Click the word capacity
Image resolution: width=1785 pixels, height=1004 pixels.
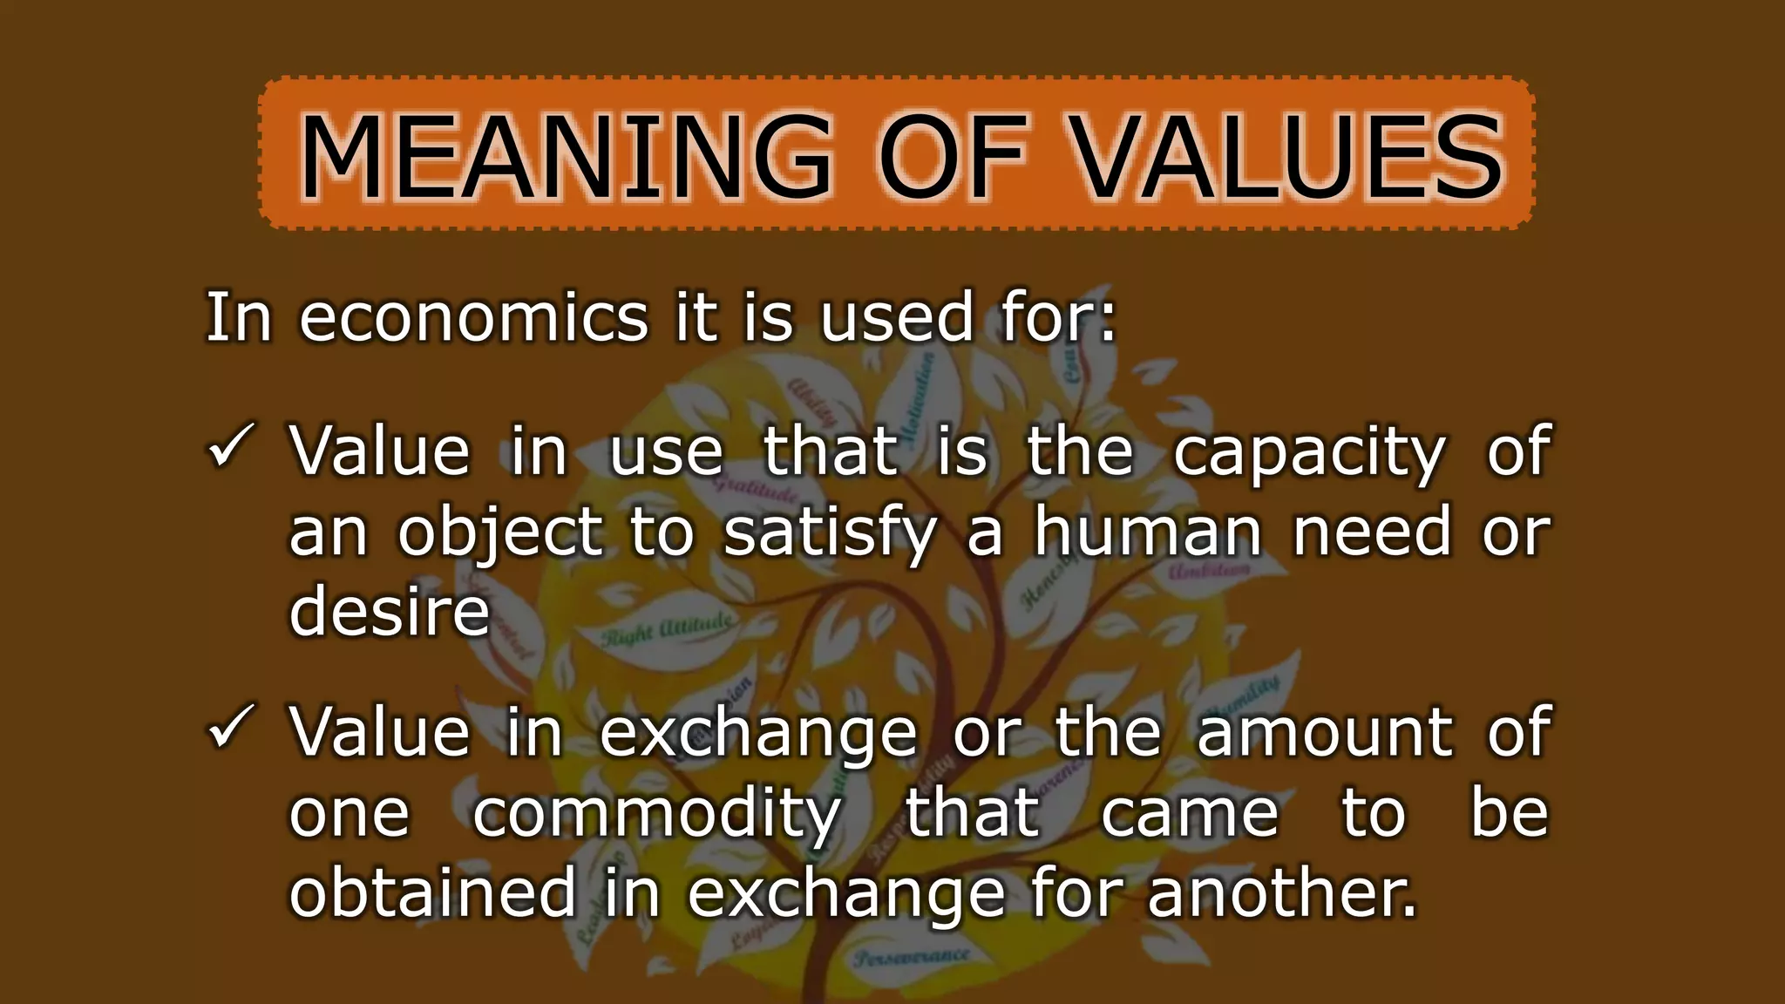tap(1308, 453)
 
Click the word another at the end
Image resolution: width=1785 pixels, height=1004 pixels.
tap(1281, 892)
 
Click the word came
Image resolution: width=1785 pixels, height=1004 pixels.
tap(1189, 814)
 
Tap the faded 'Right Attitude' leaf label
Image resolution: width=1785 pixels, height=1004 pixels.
tap(667, 630)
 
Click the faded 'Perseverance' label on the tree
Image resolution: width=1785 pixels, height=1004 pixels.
tap(912, 957)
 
